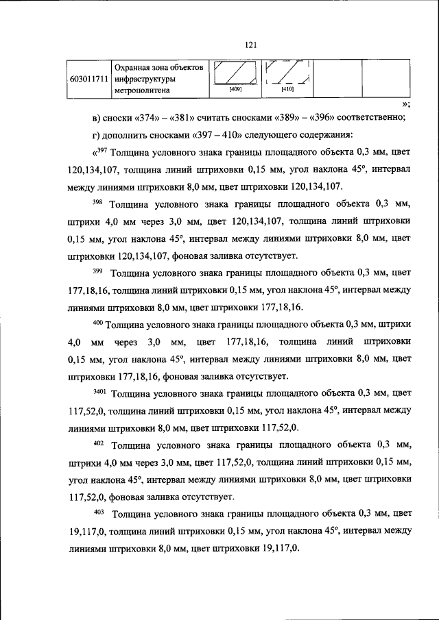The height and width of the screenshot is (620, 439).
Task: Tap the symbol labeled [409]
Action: click(x=235, y=73)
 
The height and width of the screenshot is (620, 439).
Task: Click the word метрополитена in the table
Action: click(x=143, y=90)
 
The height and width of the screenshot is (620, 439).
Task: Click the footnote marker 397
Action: click(x=102, y=149)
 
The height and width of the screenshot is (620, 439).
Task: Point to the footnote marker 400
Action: click(x=97, y=322)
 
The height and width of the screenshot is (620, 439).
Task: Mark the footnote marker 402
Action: click(x=97, y=443)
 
